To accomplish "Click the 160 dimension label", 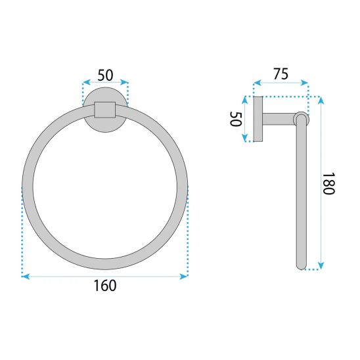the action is (x=105, y=286).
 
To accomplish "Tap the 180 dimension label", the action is (x=328, y=184).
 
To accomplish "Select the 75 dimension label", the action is (x=281, y=74).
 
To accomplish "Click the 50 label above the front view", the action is (x=105, y=75).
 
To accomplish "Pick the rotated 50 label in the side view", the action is (x=236, y=119).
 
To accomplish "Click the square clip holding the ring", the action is (x=105, y=110).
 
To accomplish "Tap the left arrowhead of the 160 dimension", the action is (x=26, y=277).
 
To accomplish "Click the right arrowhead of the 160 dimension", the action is (x=184, y=277).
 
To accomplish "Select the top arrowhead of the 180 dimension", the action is (x=321, y=101).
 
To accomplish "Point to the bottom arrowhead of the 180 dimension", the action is (x=321, y=265).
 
